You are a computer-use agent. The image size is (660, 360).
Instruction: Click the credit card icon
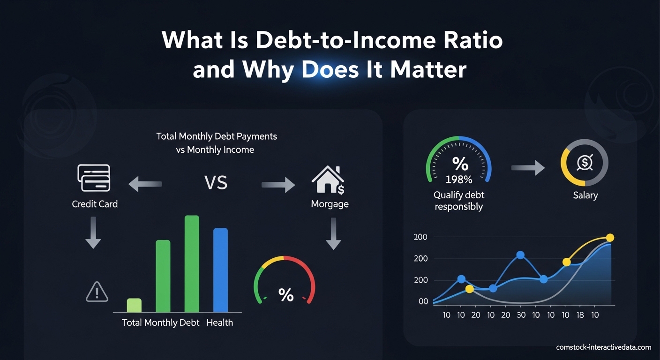[93, 178]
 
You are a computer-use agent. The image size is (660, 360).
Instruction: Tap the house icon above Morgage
[327, 181]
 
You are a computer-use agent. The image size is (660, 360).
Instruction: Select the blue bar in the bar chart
[220, 270]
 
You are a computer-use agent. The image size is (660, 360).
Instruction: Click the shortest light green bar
[134, 305]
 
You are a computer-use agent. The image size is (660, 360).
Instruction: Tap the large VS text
[216, 182]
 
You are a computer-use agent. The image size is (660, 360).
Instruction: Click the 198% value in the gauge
[459, 180]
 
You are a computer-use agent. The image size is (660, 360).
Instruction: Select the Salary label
[585, 195]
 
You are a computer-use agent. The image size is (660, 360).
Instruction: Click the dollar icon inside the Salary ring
[585, 163]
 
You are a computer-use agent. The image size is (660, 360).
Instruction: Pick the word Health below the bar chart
[219, 322]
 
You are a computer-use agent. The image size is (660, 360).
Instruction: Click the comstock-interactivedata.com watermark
[604, 347]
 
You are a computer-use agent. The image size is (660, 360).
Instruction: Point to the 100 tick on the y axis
[420, 237]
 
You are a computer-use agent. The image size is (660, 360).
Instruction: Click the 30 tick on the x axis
[521, 315]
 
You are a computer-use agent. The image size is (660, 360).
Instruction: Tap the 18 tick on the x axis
[580, 315]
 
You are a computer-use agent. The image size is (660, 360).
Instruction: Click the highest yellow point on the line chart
[610, 238]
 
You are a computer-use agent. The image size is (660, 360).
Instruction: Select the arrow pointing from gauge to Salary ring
[528, 168]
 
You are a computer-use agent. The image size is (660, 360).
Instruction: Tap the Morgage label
[330, 204]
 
